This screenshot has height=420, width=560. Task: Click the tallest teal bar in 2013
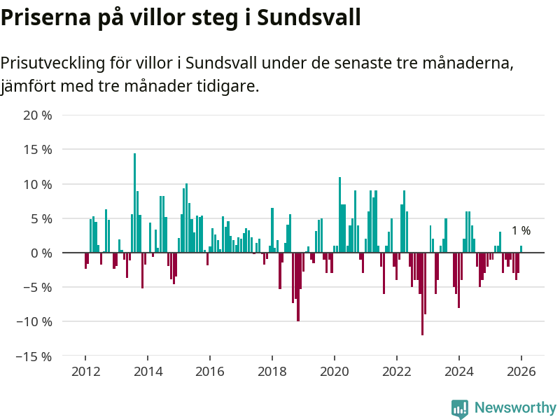[134, 203]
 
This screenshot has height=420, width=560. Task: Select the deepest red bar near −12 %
[422, 294]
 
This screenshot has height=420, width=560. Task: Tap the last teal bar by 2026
[521, 249]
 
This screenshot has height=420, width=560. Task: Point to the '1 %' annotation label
[521, 231]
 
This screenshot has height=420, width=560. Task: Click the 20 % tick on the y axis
[38, 115]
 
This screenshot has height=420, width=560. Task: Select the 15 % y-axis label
[38, 150]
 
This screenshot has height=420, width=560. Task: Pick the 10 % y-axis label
[38, 184]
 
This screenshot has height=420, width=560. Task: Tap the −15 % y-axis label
[35, 356]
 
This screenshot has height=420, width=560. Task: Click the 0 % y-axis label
[41, 253]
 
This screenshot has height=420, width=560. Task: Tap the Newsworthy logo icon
[460, 408]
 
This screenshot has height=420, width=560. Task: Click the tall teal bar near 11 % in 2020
[339, 215]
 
